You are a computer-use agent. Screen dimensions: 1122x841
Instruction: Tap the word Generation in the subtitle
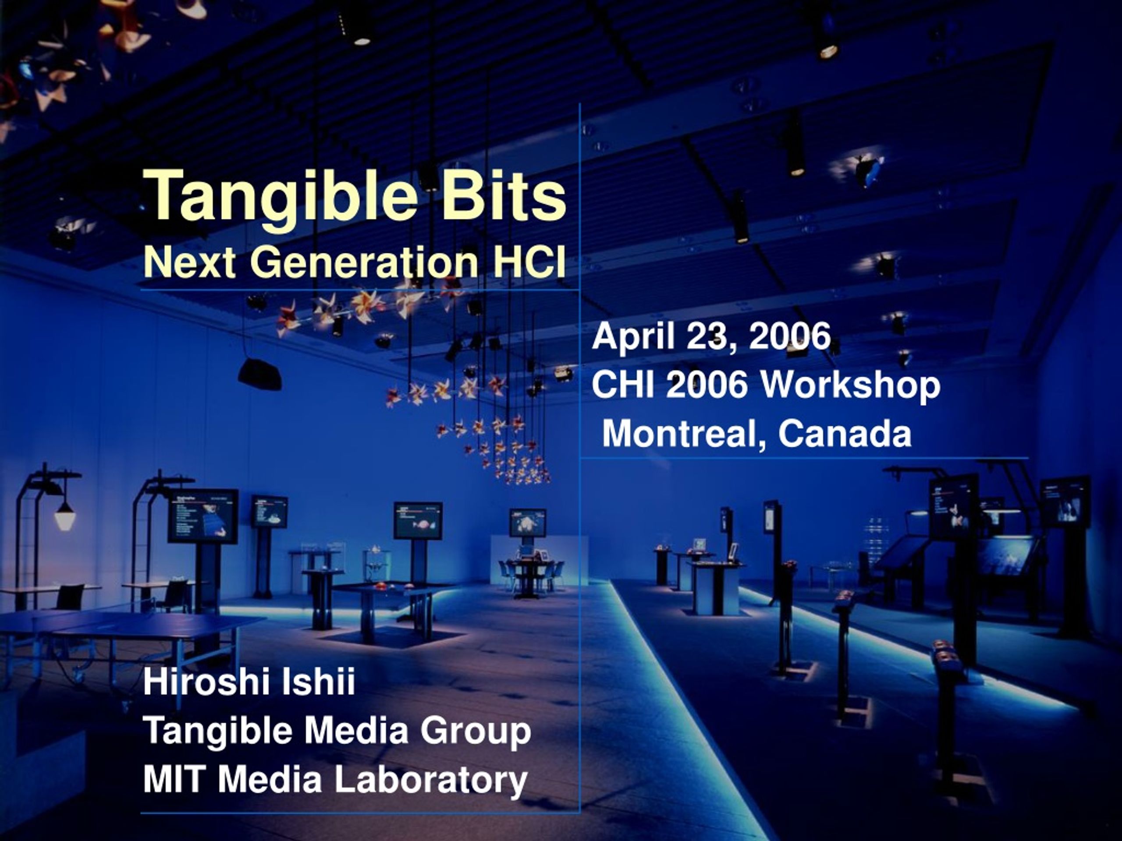coord(364,262)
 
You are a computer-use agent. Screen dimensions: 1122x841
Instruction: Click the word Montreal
coord(684,434)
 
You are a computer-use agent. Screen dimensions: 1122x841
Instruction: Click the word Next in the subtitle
coord(189,262)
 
